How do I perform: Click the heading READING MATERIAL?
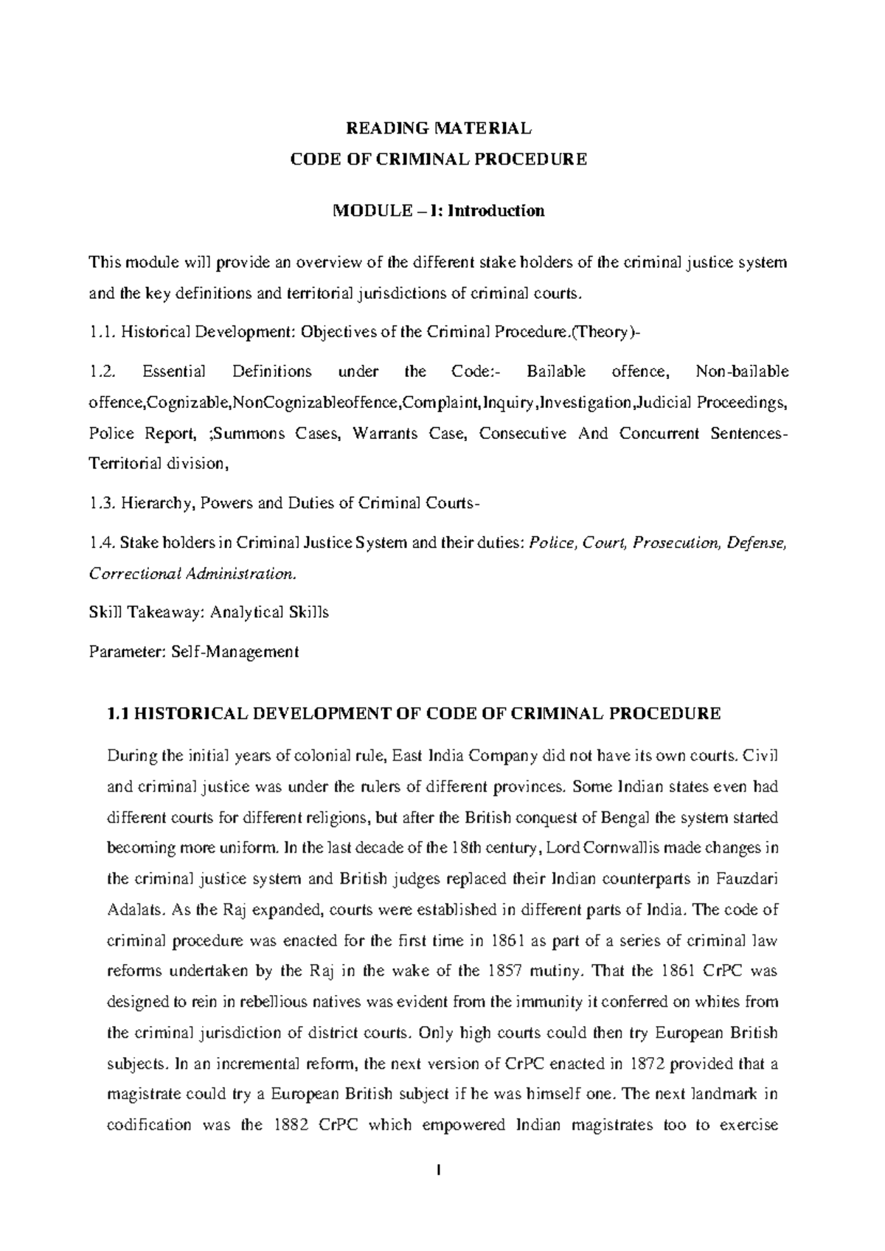(x=438, y=128)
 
